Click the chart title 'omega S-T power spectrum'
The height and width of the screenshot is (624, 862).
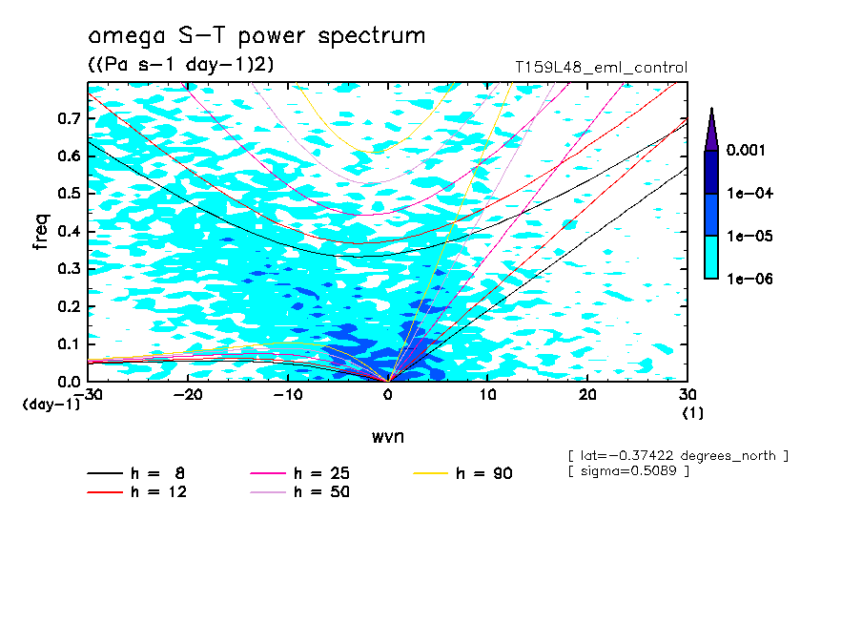coord(257,36)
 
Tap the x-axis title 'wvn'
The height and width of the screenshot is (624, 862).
coord(387,437)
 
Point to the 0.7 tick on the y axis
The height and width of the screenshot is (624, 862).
coord(69,118)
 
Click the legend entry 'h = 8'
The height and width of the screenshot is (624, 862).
coord(137,473)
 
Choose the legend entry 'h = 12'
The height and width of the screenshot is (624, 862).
coord(137,492)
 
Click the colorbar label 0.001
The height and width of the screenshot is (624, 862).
coord(748,151)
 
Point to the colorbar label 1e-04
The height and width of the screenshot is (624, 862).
coord(749,194)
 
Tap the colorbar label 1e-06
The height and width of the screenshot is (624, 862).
coord(749,279)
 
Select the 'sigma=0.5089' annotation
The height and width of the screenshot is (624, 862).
coord(628,471)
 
